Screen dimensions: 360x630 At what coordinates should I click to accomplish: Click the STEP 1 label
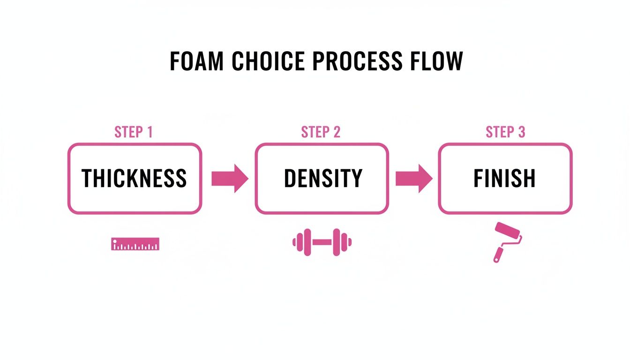click(134, 132)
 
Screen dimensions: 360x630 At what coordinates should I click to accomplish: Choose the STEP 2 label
click(321, 132)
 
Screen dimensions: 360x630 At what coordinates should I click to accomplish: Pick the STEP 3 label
click(505, 132)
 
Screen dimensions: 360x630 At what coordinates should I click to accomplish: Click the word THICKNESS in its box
click(134, 179)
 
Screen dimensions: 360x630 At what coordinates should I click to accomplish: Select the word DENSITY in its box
click(322, 179)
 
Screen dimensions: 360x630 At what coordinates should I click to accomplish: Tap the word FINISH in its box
click(504, 179)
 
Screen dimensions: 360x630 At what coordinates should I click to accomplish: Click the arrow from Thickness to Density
click(230, 179)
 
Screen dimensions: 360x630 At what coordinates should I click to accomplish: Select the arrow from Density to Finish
click(414, 179)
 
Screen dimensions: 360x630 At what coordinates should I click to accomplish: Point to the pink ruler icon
click(135, 244)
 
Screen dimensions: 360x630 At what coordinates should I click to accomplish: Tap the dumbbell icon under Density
click(322, 242)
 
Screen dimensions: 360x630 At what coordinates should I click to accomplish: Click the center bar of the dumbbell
click(322, 242)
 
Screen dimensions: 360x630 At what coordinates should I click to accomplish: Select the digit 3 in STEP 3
click(521, 132)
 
